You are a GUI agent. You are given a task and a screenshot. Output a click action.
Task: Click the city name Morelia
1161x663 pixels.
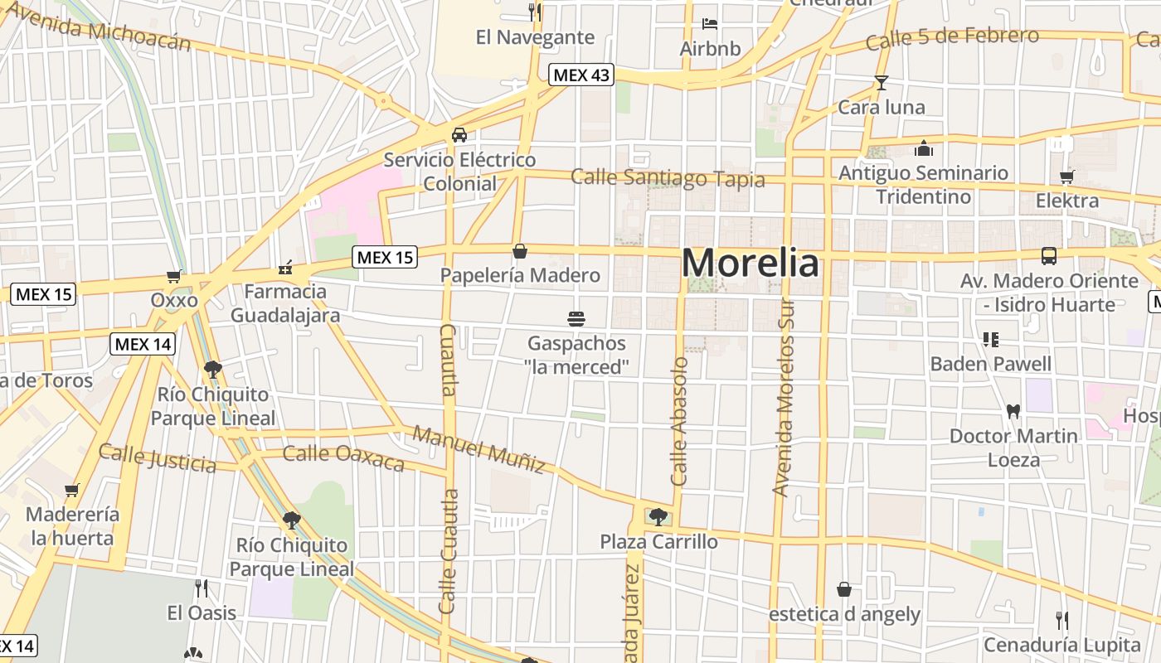(751, 264)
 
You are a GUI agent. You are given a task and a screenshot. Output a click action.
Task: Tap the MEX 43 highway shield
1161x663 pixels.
(581, 75)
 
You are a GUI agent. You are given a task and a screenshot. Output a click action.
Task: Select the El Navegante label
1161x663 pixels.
(535, 37)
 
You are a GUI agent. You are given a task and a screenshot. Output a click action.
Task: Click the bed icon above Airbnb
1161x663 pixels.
(710, 23)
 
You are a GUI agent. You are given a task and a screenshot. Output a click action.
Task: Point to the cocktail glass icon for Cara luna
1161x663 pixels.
(881, 82)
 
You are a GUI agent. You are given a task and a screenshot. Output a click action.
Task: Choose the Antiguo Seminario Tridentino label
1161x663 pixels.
(924, 185)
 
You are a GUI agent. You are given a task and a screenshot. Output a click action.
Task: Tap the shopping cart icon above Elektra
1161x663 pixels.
(1066, 176)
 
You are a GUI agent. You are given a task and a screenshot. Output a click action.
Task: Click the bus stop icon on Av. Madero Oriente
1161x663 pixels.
(1049, 255)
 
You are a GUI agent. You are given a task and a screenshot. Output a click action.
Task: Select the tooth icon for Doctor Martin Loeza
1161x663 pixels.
(1012, 410)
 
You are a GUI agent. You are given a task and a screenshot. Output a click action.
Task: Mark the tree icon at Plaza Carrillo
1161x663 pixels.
(658, 517)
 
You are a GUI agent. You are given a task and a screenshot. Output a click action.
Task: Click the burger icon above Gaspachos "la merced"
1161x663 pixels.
(576, 318)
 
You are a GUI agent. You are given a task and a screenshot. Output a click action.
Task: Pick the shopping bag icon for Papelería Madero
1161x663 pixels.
(520, 250)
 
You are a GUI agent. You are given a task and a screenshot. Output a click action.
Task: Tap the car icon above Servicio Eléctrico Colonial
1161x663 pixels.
(459, 135)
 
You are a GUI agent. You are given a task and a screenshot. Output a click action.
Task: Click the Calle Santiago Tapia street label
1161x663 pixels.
(668, 177)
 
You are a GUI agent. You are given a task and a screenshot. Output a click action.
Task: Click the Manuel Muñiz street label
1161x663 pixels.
(479, 448)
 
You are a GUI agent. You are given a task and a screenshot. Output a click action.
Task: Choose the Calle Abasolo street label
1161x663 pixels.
(680, 421)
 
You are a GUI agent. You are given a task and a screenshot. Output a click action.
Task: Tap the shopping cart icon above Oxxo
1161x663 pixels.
(174, 276)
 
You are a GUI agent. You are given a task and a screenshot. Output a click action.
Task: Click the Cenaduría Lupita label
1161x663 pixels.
(1062, 645)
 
